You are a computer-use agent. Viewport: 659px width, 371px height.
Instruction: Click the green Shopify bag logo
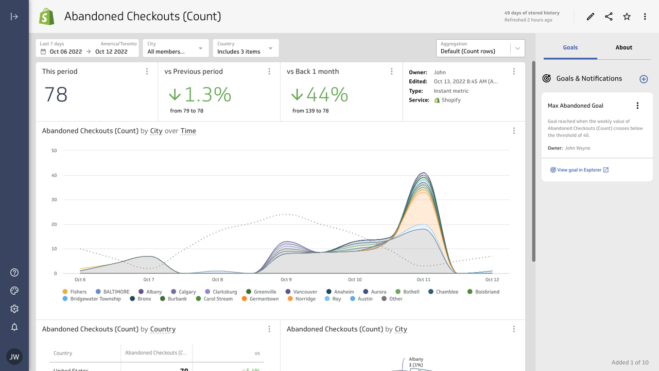(x=47, y=16)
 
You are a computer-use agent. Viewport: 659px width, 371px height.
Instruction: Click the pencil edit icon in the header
(x=591, y=16)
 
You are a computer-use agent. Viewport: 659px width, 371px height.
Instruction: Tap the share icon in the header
(x=609, y=16)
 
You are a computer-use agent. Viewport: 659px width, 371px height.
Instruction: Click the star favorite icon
(x=627, y=16)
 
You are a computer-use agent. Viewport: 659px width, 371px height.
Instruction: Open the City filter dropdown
(x=176, y=48)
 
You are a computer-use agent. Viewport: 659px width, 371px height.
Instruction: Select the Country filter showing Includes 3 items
(x=246, y=48)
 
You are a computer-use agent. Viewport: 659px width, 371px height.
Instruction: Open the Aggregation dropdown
(x=480, y=48)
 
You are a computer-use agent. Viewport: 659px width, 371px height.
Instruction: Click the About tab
(x=623, y=47)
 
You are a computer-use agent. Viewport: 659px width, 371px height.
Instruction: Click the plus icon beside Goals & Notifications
(x=644, y=79)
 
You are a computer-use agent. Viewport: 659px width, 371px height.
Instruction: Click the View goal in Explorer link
(x=579, y=170)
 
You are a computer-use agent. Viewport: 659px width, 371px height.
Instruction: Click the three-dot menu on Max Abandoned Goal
(x=637, y=106)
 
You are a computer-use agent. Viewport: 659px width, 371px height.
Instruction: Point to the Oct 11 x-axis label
(x=423, y=280)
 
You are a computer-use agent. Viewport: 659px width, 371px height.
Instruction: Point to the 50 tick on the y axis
(x=54, y=150)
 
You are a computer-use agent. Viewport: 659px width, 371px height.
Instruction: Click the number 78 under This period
(x=56, y=95)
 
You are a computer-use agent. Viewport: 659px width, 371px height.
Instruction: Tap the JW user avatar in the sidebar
(x=14, y=357)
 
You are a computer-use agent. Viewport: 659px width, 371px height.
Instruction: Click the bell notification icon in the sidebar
(x=14, y=327)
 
